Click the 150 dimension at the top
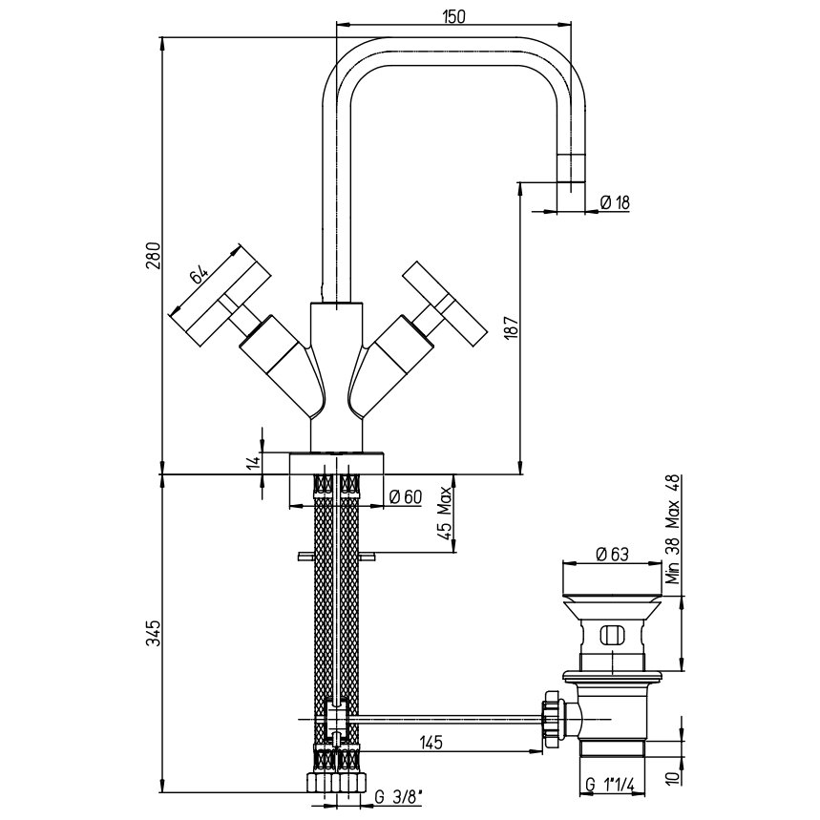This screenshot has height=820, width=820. [453, 16]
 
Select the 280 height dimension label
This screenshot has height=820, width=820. [153, 256]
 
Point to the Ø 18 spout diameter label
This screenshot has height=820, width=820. [615, 202]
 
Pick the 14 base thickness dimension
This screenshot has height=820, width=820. [254, 462]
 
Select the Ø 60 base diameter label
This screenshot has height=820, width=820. [406, 496]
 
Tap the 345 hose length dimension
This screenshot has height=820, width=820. [153, 633]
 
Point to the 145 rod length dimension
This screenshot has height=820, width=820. [431, 742]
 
